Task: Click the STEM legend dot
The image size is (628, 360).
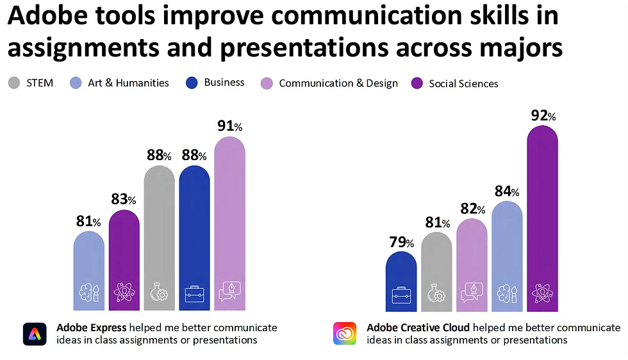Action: [x=13, y=83]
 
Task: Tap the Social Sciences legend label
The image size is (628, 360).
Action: [x=463, y=83]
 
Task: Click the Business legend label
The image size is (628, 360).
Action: [x=224, y=82]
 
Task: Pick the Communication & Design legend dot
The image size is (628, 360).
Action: [x=267, y=83]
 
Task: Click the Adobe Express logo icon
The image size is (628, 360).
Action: [x=35, y=334]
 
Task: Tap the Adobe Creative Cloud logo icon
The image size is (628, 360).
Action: [x=345, y=334]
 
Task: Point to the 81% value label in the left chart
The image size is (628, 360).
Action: [x=88, y=222]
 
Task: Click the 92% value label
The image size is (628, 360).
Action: [x=542, y=116]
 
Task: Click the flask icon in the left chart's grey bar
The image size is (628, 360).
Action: [x=159, y=293]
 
